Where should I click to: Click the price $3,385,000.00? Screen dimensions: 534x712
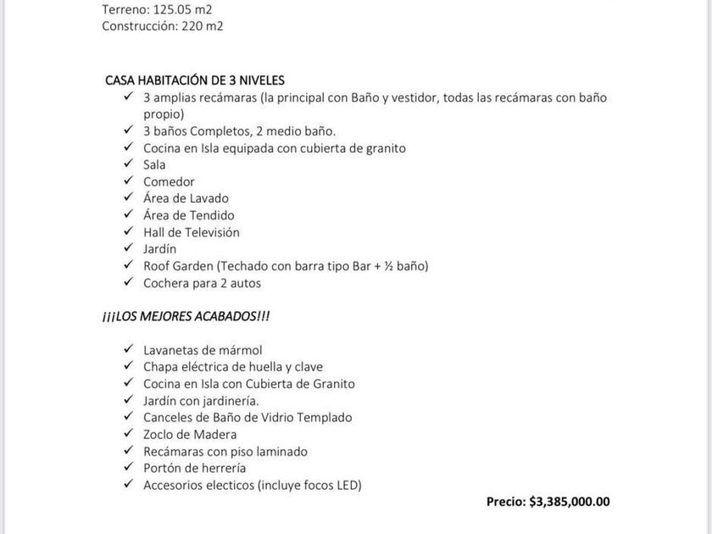[x=569, y=501]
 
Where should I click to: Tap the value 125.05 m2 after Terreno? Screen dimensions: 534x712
[x=184, y=9]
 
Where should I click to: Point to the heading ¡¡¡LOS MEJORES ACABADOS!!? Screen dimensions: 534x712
[x=186, y=316]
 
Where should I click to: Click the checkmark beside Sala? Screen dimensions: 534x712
[x=127, y=164]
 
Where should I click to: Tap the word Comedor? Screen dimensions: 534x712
[x=169, y=181]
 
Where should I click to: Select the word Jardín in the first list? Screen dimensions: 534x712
[x=160, y=248]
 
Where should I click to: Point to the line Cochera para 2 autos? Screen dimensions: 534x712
[x=202, y=282]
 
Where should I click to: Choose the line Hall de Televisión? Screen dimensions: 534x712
[x=192, y=231]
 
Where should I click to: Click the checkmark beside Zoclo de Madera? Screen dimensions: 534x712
[x=127, y=433]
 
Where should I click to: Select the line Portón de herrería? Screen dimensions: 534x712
[x=195, y=467]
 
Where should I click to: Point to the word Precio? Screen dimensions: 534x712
[x=505, y=501]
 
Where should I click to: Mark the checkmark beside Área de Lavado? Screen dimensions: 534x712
[x=127, y=198]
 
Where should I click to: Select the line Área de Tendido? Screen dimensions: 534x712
[x=189, y=215]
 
